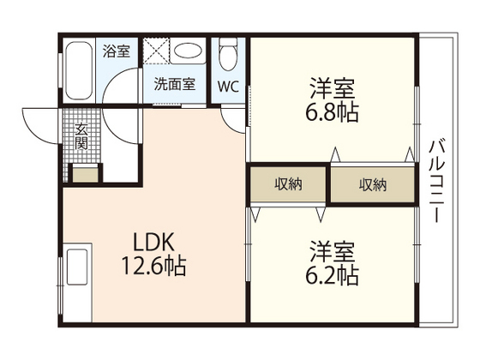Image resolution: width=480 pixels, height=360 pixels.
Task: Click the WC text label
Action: [x=227, y=86]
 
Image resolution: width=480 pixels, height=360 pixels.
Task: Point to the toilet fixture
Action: [x=227, y=57]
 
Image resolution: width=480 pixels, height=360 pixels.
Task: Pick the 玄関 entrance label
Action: [x=81, y=136]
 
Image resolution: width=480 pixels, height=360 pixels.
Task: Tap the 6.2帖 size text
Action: [x=333, y=276]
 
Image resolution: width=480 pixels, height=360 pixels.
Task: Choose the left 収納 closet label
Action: [x=287, y=184]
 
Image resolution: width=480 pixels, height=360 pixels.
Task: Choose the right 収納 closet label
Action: [x=372, y=184]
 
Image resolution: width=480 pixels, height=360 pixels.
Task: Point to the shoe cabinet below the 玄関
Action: [x=84, y=175]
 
